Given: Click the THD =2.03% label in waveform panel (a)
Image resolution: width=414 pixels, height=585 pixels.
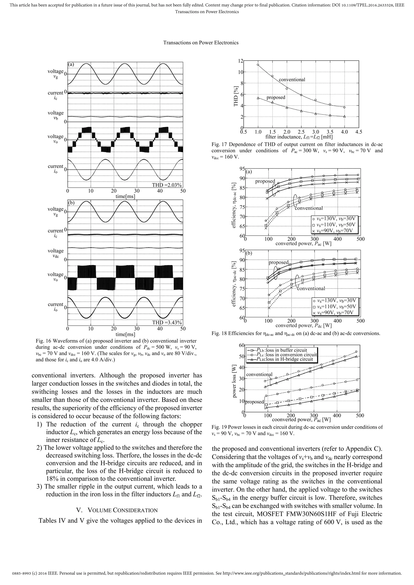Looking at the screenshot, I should point(167,185).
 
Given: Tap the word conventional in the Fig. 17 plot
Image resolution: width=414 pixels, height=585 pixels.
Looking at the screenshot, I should point(292,80).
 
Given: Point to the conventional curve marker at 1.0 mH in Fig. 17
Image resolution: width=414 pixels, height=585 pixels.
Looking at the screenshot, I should point(258,65).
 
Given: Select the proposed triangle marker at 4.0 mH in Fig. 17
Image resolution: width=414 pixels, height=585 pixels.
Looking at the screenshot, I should point(344,117).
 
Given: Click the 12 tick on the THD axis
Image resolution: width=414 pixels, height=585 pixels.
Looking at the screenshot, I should point(241,61).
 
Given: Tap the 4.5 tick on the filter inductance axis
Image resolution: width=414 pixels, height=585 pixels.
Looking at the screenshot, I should point(358,132).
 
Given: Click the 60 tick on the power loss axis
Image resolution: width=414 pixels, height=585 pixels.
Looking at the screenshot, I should point(241,345).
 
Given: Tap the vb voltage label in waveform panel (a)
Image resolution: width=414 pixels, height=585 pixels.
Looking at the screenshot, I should point(56,116).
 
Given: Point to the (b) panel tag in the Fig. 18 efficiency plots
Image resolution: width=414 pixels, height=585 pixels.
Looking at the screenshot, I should point(249,253).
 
